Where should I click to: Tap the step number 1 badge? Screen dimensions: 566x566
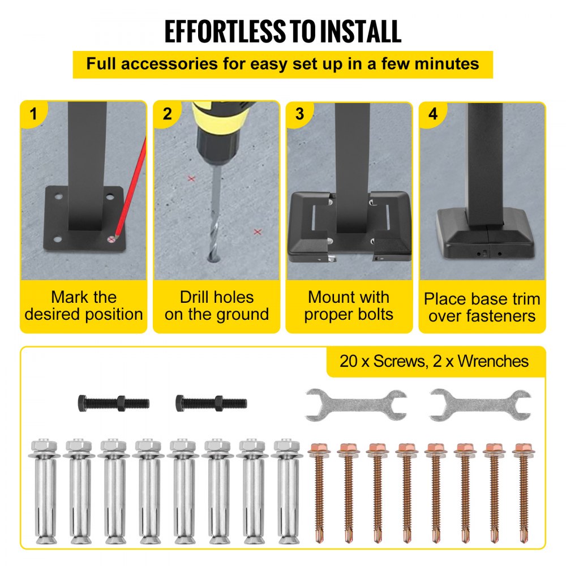pyautogui.click(x=33, y=114)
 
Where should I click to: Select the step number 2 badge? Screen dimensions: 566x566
pyautogui.click(x=167, y=114)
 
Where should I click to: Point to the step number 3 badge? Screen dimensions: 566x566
pyautogui.click(x=299, y=114)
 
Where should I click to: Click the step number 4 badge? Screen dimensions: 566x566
pyautogui.click(x=433, y=114)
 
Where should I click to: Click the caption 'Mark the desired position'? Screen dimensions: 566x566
pyautogui.click(x=84, y=306)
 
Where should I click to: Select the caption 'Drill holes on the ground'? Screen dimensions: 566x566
pyautogui.click(x=217, y=306)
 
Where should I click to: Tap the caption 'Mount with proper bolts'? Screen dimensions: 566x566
pyautogui.click(x=349, y=306)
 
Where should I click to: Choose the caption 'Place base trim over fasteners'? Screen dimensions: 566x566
pyautogui.click(x=482, y=307)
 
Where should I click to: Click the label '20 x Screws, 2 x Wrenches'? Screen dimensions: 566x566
pyautogui.click(x=434, y=361)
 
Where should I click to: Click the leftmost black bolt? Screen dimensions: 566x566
pyautogui.click(x=113, y=404)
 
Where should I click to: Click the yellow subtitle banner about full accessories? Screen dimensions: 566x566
pyautogui.click(x=282, y=64)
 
